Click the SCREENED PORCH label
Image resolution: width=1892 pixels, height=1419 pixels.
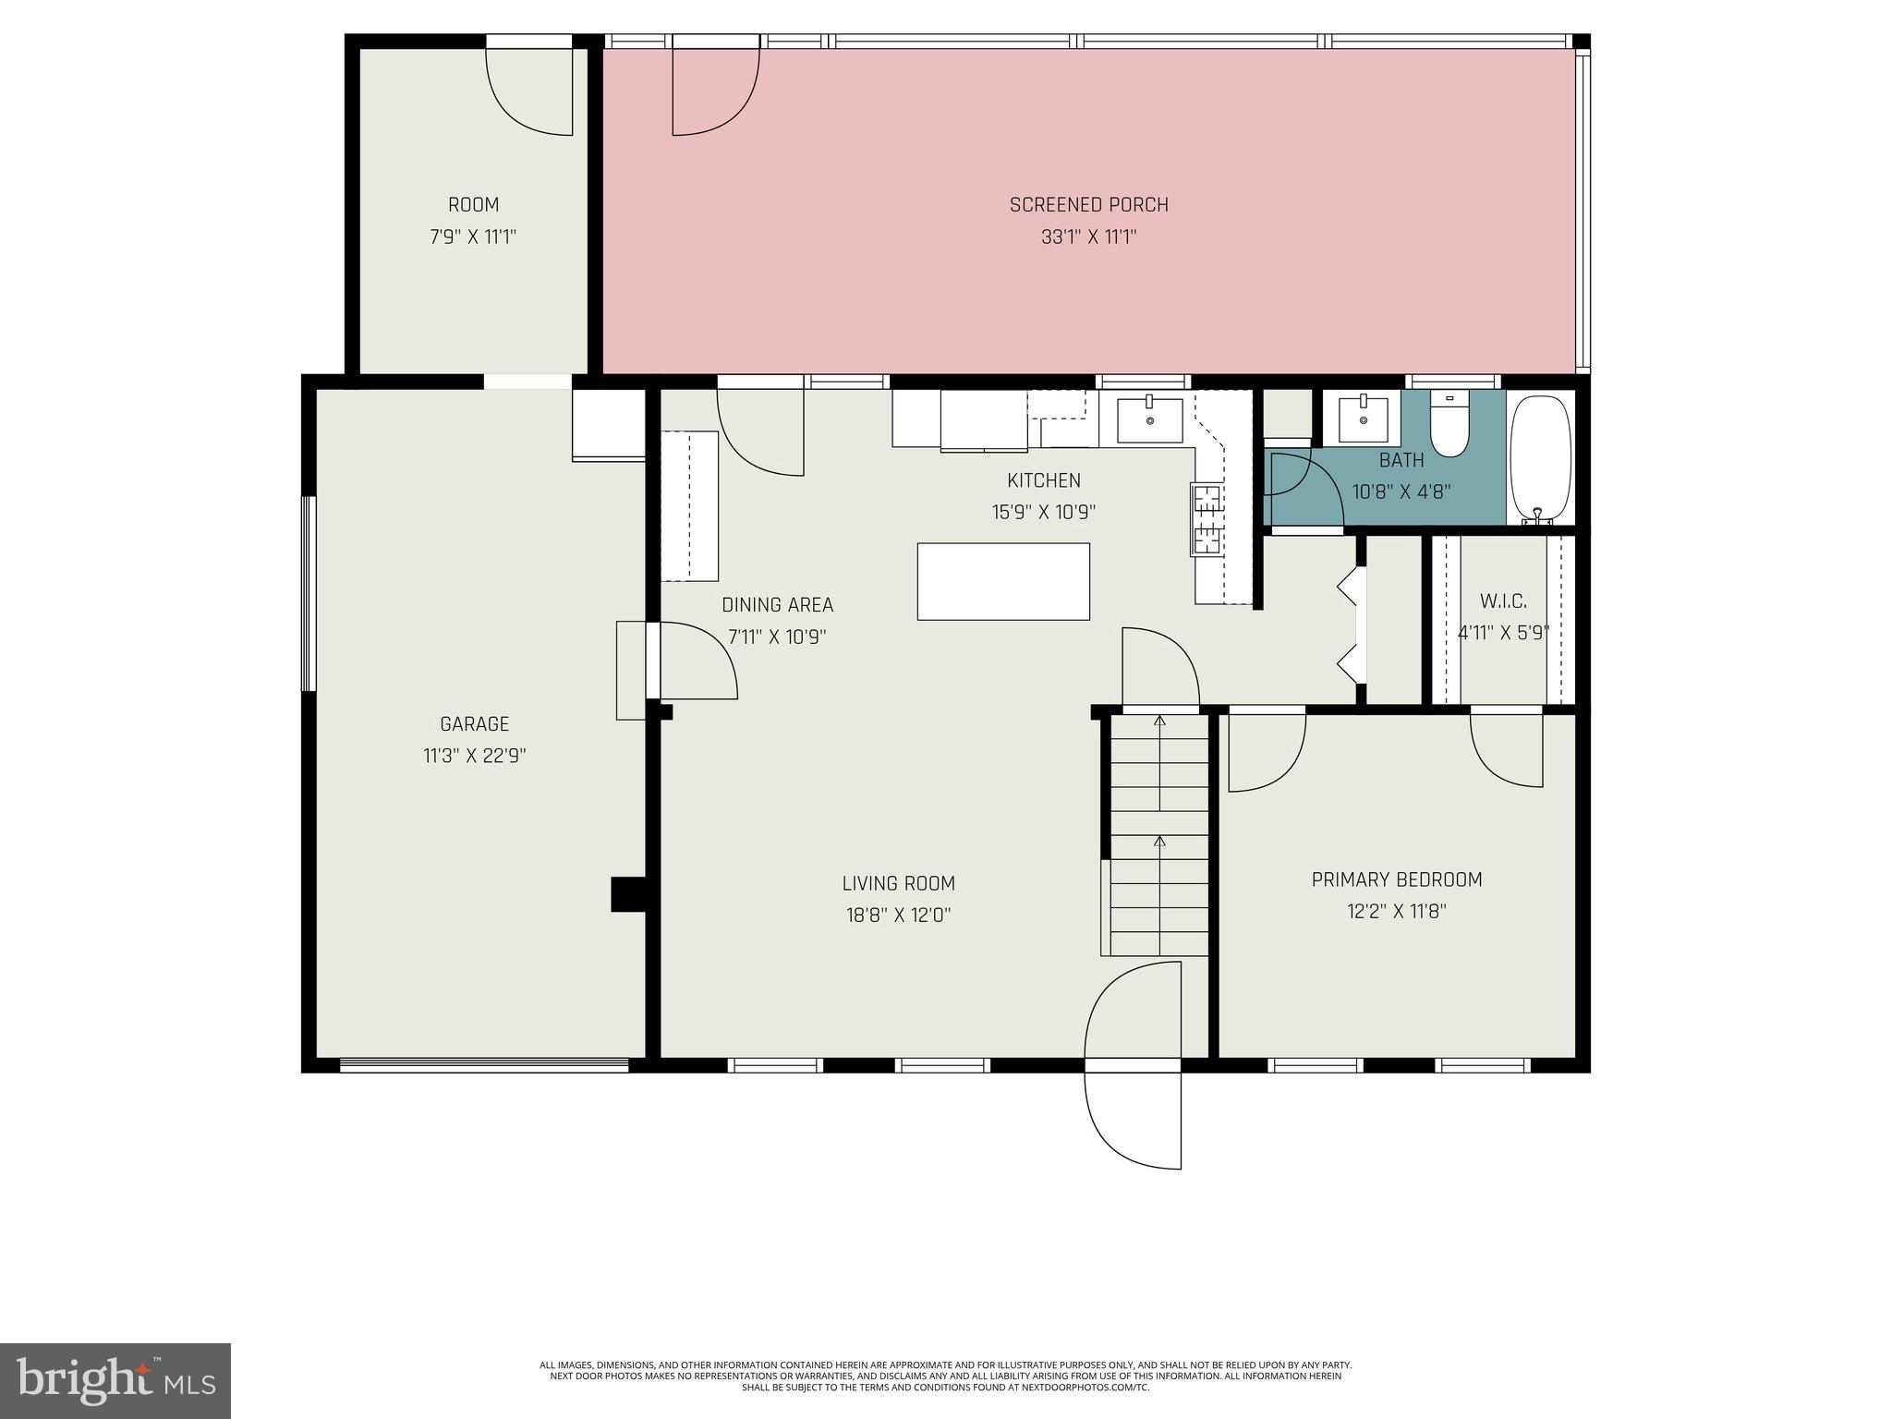pos(1088,205)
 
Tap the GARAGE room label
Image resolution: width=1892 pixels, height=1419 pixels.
pos(474,724)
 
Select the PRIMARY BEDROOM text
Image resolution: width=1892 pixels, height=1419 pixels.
pos(1396,880)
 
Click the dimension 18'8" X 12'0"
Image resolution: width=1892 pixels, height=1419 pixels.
pos(898,916)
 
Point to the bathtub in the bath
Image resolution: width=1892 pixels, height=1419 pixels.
pos(1540,459)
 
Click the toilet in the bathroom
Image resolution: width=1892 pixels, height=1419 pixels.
pos(1449,425)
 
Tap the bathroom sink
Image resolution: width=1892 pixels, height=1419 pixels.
pos(1363,419)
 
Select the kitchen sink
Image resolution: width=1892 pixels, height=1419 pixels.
pos(1149,420)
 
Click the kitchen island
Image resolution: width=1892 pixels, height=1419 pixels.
pos(1002,581)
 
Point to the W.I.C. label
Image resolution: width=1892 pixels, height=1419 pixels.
pos(1503,601)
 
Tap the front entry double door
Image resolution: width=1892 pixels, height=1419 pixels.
pos(1133,1064)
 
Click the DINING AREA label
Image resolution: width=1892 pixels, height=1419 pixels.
pos(777,605)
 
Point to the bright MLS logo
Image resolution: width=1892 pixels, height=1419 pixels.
pos(115,1380)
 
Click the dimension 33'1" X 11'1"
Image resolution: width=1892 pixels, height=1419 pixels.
pos(1088,237)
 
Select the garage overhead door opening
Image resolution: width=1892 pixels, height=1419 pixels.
pos(484,1065)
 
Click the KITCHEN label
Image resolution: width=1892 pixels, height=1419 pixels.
pos(1043,480)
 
